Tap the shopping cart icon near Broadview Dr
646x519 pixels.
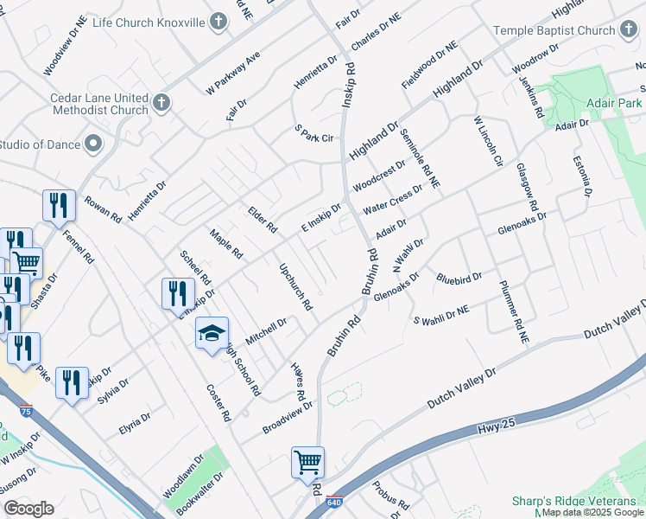click(307, 463)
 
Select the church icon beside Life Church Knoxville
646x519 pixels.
click(219, 21)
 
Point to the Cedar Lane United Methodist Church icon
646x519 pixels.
click(160, 105)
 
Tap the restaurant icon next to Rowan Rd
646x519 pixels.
click(59, 206)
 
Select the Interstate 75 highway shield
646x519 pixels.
click(27, 412)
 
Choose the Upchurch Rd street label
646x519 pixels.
click(295, 286)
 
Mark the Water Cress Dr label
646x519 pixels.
click(392, 200)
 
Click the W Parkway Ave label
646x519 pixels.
click(232, 74)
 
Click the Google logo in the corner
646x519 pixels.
click(28, 508)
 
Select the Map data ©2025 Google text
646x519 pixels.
click(592, 512)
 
